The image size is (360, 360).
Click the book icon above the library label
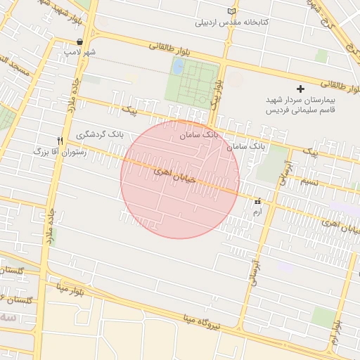[232, 12]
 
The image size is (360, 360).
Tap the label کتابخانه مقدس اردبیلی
[232, 22]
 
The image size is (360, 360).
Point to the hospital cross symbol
[301, 89]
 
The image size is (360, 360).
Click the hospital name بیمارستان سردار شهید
[302, 101]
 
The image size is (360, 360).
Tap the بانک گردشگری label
[100, 133]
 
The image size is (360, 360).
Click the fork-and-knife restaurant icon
[60, 140]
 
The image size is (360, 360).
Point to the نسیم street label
[309, 182]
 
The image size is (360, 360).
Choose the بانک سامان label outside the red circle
[246, 146]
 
